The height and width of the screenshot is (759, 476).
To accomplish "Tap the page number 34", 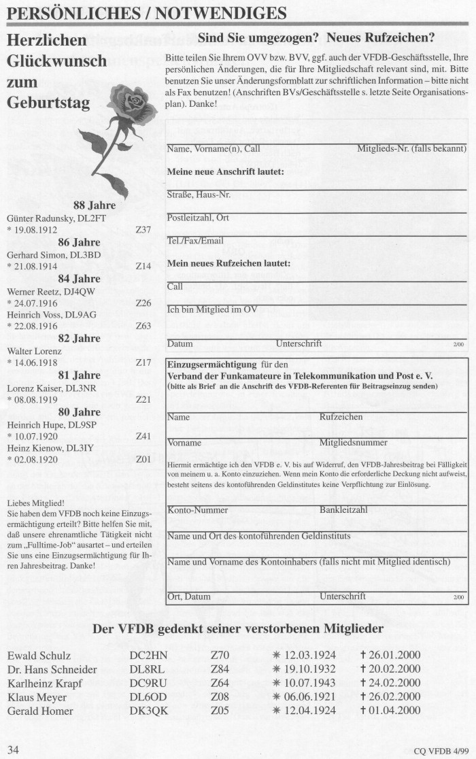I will coord(13,749).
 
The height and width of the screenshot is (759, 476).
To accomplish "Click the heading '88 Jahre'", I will coord(94,205).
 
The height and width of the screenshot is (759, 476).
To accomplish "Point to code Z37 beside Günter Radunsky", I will coord(143,230).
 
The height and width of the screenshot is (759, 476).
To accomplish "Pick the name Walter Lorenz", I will coord(34,351).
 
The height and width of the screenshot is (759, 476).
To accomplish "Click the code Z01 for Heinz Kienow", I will coord(143,460).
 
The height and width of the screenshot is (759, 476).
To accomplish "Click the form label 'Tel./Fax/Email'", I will coord(195,241).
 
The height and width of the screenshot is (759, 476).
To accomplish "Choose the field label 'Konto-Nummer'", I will coord(198,509).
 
